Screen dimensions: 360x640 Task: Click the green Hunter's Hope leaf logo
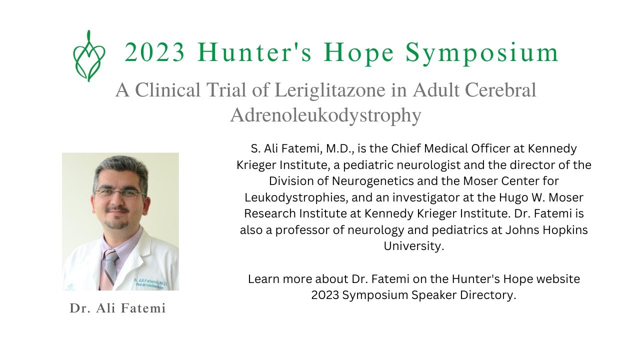click(x=89, y=55)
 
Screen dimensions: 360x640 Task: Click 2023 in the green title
click(x=155, y=52)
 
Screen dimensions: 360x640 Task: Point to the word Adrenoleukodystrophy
click(x=325, y=115)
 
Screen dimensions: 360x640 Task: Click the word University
click(x=413, y=246)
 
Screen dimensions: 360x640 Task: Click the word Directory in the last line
click(x=489, y=295)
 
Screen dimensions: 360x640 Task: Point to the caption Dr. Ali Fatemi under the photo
click(x=117, y=308)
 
